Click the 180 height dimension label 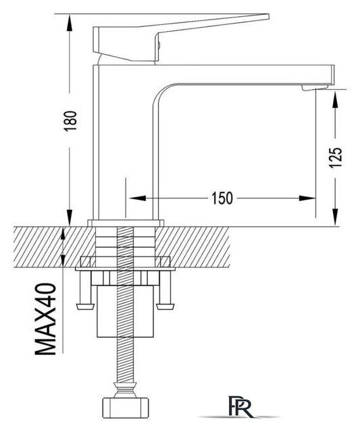point(70,122)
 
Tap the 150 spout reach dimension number point(222,198)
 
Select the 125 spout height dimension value point(336,157)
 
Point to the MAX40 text point(46,319)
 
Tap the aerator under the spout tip point(315,87)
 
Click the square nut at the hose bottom point(126,408)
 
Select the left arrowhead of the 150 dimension point(138,198)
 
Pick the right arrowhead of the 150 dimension point(307,198)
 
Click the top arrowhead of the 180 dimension point(69,23)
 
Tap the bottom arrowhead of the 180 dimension point(69,217)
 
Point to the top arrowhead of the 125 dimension point(335,100)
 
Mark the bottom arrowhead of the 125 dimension point(335,217)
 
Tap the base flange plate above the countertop point(126,223)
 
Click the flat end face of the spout point(333,75)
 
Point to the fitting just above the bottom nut point(126,389)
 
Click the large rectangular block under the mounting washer point(126,311)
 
